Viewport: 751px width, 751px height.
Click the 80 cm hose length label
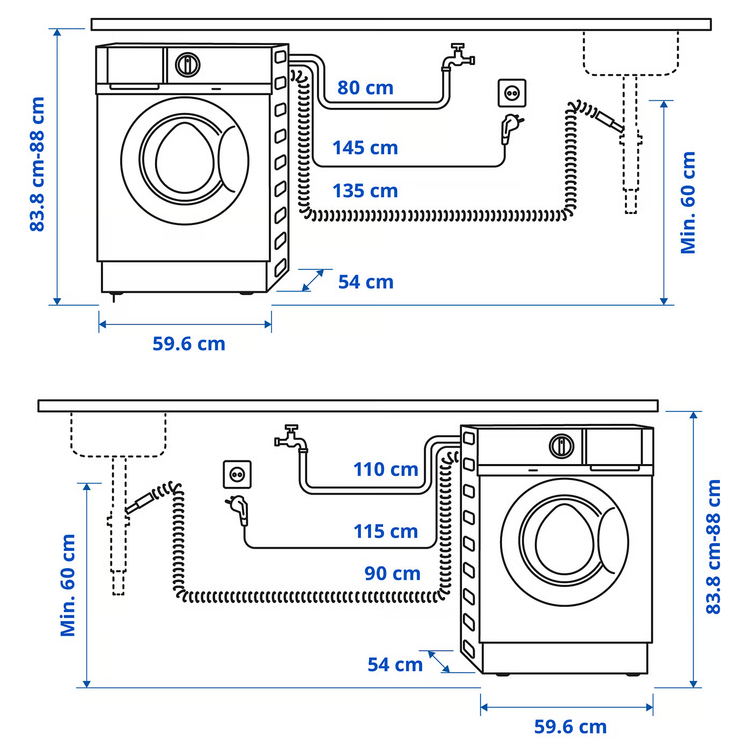click(365, 88)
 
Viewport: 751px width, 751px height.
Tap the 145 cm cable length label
click(365, 148)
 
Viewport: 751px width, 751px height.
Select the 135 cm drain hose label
click(365, 191)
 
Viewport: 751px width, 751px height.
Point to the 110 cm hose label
click(386, 469)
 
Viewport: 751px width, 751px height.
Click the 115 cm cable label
click(386, 532)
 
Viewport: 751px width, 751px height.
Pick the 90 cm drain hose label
click(392, 573)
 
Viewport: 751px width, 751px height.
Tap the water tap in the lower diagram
click(291, 438)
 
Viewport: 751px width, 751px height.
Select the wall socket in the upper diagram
click(512, 93)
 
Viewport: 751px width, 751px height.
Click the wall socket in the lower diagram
click(237, 474)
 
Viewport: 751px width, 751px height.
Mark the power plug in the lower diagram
click(239, 509)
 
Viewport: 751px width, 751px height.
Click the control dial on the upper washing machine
click(187, 64)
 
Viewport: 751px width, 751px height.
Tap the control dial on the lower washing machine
click(561, 446)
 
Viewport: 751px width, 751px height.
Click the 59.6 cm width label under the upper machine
click(189, 344)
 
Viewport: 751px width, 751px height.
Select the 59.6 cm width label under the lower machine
click(570, 727)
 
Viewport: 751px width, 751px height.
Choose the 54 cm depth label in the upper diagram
click(366, 282)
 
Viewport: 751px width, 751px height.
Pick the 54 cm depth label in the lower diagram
click(395, 665)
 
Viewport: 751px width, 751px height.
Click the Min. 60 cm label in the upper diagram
click(688, 203)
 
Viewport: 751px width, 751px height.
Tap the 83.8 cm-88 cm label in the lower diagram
click(713, 547)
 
